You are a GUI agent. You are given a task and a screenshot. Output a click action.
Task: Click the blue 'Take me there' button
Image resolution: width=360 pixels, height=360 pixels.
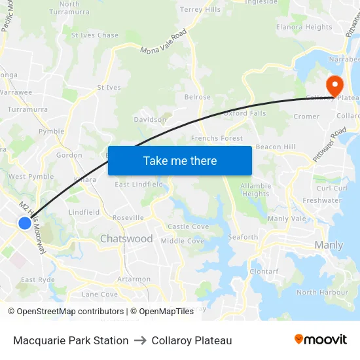[x=180, y=160]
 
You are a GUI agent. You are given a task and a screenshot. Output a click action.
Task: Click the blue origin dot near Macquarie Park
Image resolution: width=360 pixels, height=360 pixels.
[x=24, y=223]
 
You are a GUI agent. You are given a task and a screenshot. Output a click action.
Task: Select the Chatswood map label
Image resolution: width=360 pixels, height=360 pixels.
[x=126, y=239]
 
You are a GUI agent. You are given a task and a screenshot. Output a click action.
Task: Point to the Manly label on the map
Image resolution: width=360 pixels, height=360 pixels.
[x=329, y=245]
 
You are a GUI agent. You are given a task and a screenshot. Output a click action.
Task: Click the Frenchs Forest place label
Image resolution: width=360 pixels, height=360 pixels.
[x=217, y=139]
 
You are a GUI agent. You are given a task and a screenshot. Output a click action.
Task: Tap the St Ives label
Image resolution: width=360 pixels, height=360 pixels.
[x=109, y=87]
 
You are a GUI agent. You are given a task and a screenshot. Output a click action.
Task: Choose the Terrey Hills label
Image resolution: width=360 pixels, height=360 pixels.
[x=200, y=10]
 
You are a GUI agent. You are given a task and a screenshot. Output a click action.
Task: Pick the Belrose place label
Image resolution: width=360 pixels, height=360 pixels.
[x=198, y=98]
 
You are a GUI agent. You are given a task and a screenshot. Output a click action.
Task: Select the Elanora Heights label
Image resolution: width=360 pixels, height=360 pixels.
[x=304, y=27]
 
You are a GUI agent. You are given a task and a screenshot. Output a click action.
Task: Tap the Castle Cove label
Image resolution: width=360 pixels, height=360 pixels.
[x=188, y=226]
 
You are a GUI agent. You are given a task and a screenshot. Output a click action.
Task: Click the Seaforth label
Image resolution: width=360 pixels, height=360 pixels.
[x=243, y=237]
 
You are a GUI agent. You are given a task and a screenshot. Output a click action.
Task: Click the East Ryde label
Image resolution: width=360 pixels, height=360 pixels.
[x=37, y=280]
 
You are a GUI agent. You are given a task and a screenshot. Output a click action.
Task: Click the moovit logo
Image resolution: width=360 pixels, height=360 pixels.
[x=320, y=339]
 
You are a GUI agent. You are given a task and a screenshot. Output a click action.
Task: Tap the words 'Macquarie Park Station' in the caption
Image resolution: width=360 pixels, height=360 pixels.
[x=71, y=340]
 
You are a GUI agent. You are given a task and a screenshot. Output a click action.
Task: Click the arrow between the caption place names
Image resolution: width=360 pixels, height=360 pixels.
[x=140, y=340]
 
